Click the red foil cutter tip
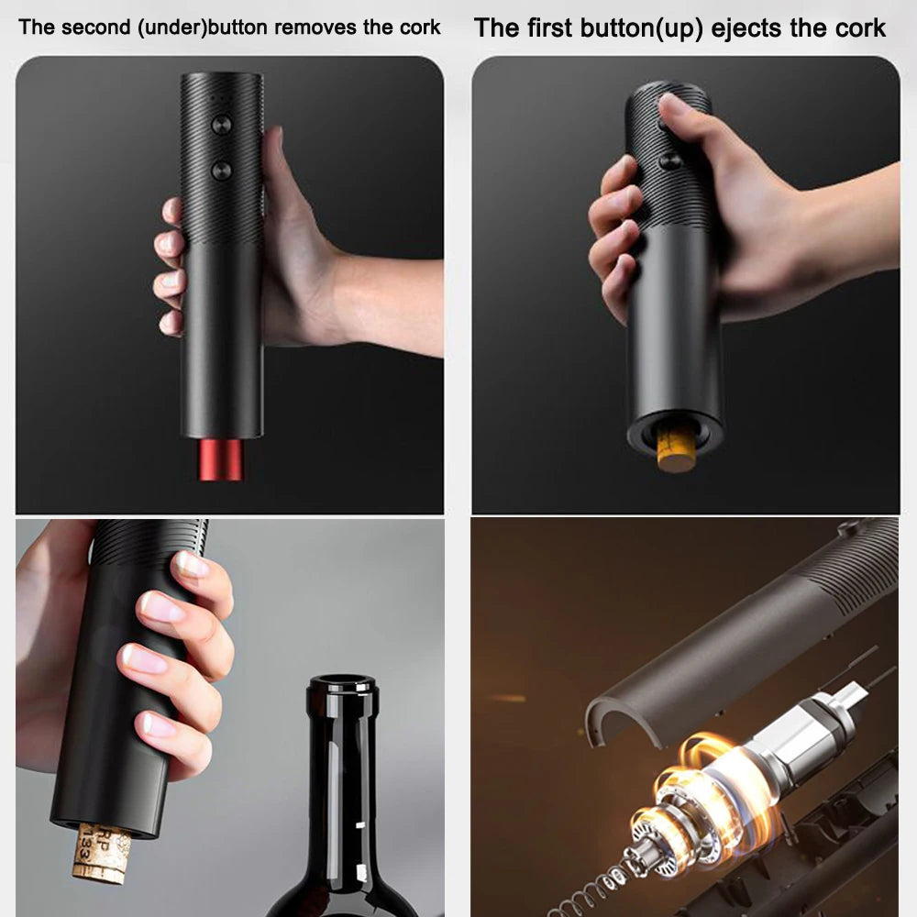(220, 458)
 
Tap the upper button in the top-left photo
(220, 124)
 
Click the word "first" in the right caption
(547, 28)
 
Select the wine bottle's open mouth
(341, 684)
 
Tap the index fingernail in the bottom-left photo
(193, 563)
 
